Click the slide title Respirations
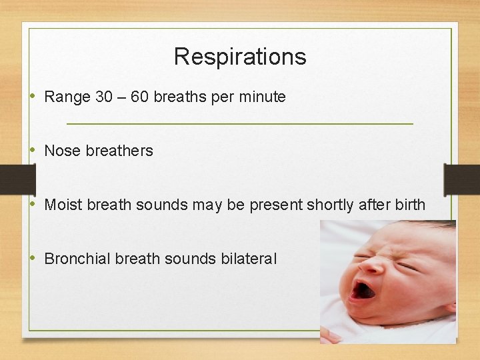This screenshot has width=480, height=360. (240, 57)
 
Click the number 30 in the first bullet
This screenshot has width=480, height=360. (104, 97)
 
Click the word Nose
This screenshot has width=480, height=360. (62, 151)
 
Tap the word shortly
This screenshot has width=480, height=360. (329, 205)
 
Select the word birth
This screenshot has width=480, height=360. (409, 205)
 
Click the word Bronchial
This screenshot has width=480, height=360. (77, 259)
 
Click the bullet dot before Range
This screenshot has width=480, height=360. (34, 97)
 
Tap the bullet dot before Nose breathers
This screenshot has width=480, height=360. (34, 151)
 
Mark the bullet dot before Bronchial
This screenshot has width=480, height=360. (34, 259)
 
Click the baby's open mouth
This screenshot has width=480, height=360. (363, 290)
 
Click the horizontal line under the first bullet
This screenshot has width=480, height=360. (240, 124)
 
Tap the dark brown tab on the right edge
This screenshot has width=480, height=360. (461, 180)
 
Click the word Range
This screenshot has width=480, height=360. (67, 97)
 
